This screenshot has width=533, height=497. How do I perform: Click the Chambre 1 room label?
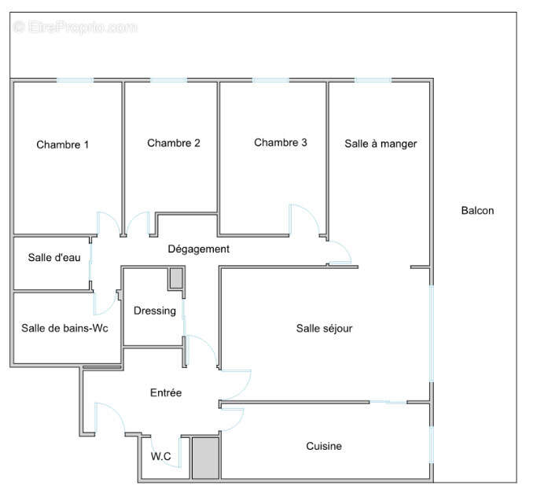pos(63,145)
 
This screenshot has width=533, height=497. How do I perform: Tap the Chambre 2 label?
pos(173,143)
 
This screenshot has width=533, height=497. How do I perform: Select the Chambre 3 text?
pos(281,142)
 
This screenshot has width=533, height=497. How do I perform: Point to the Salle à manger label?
pos(380,144)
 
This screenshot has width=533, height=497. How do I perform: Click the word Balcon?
pos(477,211)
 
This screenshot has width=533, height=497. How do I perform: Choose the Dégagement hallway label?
pos(199,249)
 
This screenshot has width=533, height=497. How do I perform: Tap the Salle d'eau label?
pos(51,257)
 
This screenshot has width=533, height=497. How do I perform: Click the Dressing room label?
pos(155,311)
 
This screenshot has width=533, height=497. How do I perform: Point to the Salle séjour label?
pos(324,329)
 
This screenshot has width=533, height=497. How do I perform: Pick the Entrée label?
pos(166,392)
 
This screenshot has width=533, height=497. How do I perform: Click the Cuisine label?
pos(324,446)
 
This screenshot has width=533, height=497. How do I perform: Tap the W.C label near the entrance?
pos(162,455)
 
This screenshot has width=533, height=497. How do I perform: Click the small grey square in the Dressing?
pos(176,278)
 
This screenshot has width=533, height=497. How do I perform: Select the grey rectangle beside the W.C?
pos(206,457)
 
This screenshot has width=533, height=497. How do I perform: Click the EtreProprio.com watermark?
pos(75,28)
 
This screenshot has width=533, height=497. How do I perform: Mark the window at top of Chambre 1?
pos(75,80)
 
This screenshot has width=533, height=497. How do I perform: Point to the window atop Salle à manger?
pos(373,80)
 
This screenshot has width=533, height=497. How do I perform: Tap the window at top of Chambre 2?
pos(168,80)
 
